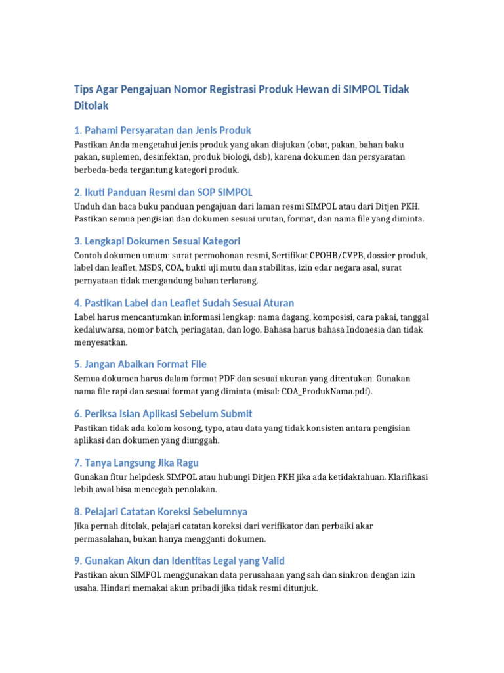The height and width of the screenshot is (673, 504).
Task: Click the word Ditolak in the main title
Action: pos(91,105)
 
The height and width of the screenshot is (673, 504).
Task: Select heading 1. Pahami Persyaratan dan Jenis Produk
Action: pos(163,130)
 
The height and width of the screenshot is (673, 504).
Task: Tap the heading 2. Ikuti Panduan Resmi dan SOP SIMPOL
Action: pos(163,192)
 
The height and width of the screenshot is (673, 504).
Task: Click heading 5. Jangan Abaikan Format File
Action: pos(140,364)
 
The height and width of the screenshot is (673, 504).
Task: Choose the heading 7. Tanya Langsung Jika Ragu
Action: pos(136,463)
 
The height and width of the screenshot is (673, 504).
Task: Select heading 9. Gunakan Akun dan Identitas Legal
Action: pos(179,561)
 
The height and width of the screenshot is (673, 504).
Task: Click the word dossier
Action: pos(373,255)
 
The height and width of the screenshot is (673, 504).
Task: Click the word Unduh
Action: pos(86,206)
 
